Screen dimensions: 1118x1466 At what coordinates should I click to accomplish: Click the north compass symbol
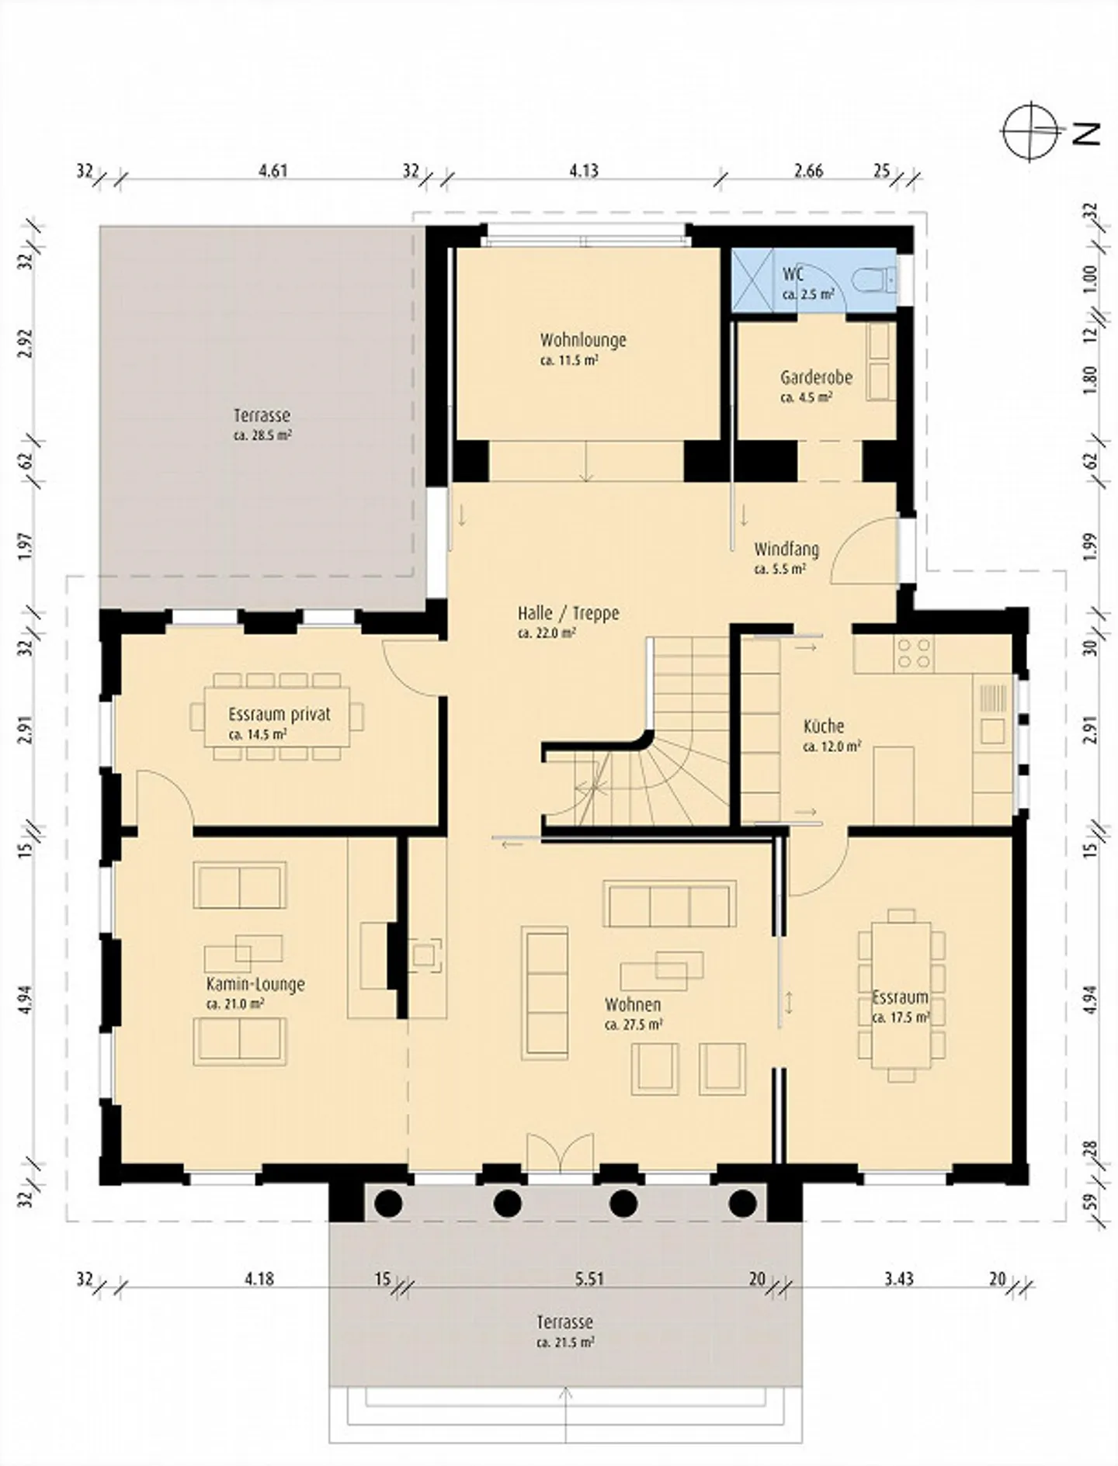1031,131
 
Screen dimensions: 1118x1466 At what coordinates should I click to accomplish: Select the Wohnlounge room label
583,340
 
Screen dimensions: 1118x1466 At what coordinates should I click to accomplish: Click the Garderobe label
816,378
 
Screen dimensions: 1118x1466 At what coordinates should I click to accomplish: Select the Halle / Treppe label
568,613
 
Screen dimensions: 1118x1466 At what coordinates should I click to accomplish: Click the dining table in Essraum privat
277,716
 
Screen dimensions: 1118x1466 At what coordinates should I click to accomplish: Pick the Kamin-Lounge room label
255,984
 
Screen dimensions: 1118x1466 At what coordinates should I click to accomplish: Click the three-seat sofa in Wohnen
669,903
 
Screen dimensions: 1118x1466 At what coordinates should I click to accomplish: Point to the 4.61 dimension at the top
273,170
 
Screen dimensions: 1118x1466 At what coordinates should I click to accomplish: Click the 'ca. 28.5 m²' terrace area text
262,435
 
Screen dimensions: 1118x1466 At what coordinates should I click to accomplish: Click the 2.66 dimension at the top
808,170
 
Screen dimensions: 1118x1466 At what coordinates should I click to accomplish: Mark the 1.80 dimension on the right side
1090,379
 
